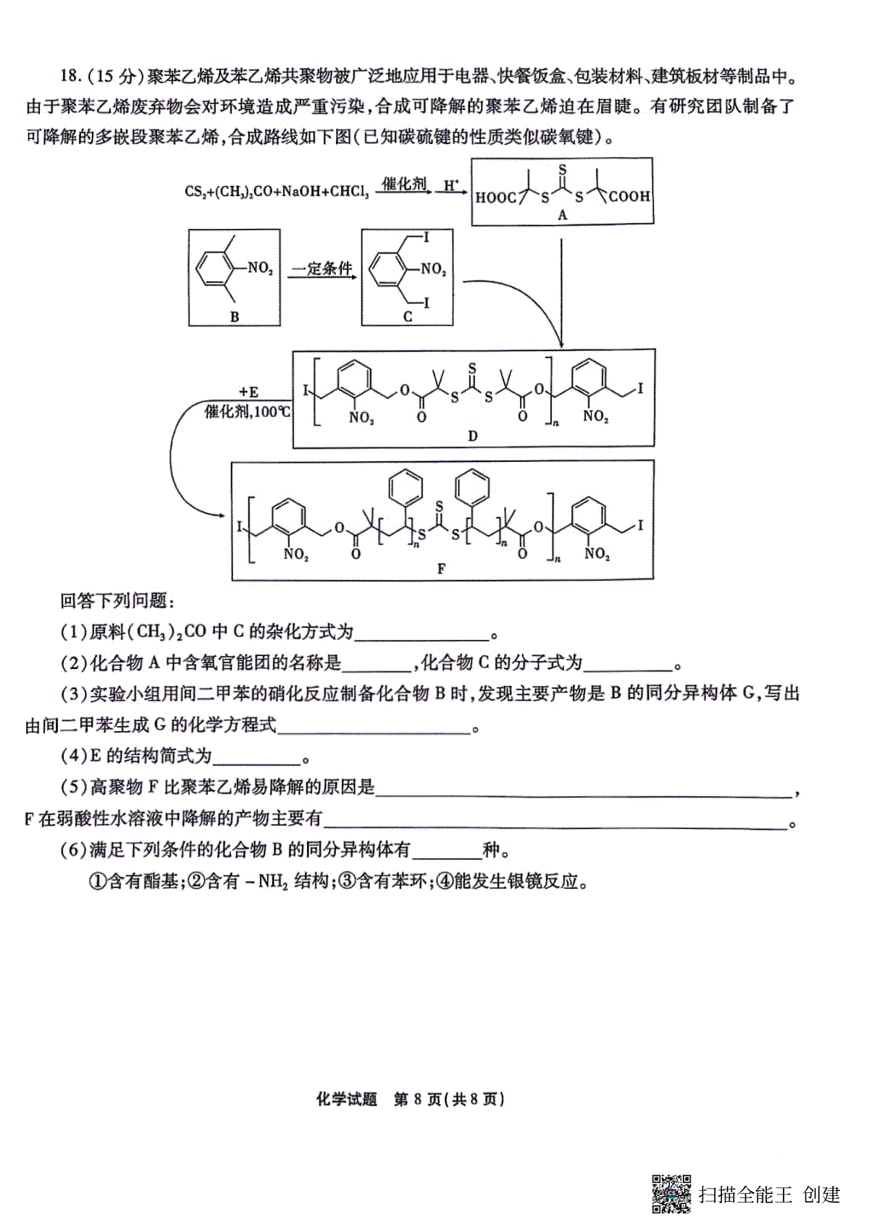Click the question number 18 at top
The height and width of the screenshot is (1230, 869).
70,75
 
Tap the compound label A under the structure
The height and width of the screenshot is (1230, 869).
562,215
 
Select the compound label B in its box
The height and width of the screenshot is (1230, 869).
235,317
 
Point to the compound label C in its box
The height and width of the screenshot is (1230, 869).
407,317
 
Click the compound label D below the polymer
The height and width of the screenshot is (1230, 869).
472,436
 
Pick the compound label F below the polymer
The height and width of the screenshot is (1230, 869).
441,569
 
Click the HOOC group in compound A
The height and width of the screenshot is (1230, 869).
496,198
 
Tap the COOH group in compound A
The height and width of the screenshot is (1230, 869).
629,196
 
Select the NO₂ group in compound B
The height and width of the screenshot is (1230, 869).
261,269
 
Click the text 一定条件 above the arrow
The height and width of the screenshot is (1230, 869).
322,269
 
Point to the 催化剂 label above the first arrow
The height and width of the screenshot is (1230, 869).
404,183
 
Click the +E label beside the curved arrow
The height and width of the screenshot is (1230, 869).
248,392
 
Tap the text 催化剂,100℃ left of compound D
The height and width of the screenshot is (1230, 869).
247,411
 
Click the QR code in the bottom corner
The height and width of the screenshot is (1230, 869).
671,1193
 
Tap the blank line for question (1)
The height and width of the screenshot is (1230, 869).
421,640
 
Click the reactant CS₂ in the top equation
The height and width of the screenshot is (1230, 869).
193,192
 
